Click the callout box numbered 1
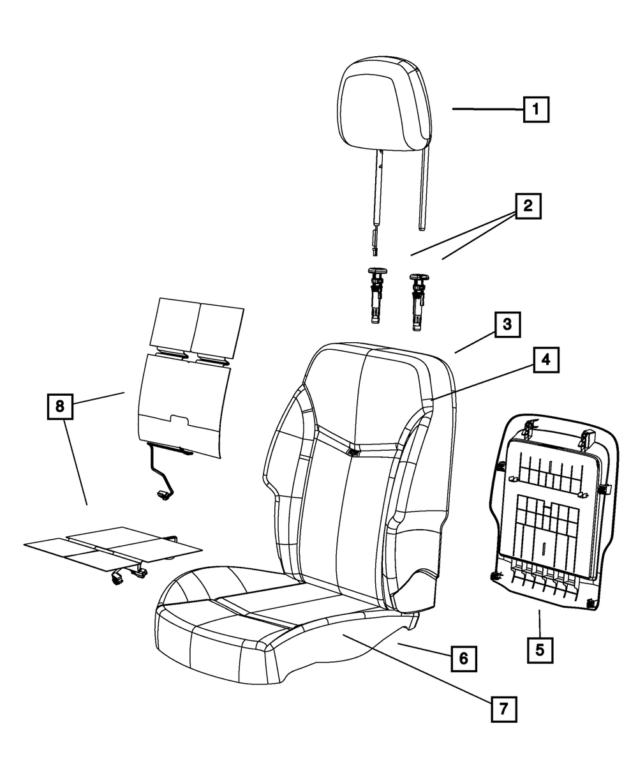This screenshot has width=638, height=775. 536,109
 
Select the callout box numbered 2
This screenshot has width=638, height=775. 528,206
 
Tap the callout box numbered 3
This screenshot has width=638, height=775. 507,324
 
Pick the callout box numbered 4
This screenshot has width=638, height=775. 545,360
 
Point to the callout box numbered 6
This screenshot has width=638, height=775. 463,658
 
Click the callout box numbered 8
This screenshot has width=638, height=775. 60,406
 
